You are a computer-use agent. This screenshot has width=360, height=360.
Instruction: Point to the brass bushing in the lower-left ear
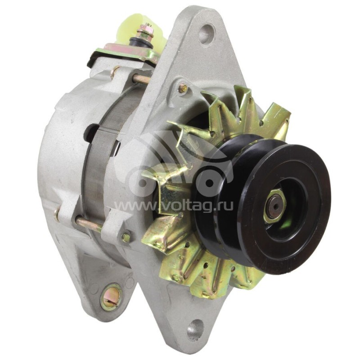(x=111, y=297)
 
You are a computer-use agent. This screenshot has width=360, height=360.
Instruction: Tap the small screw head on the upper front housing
(x=183, y=88)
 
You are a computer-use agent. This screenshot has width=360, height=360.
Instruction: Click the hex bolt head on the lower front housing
(x=126, y=236)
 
